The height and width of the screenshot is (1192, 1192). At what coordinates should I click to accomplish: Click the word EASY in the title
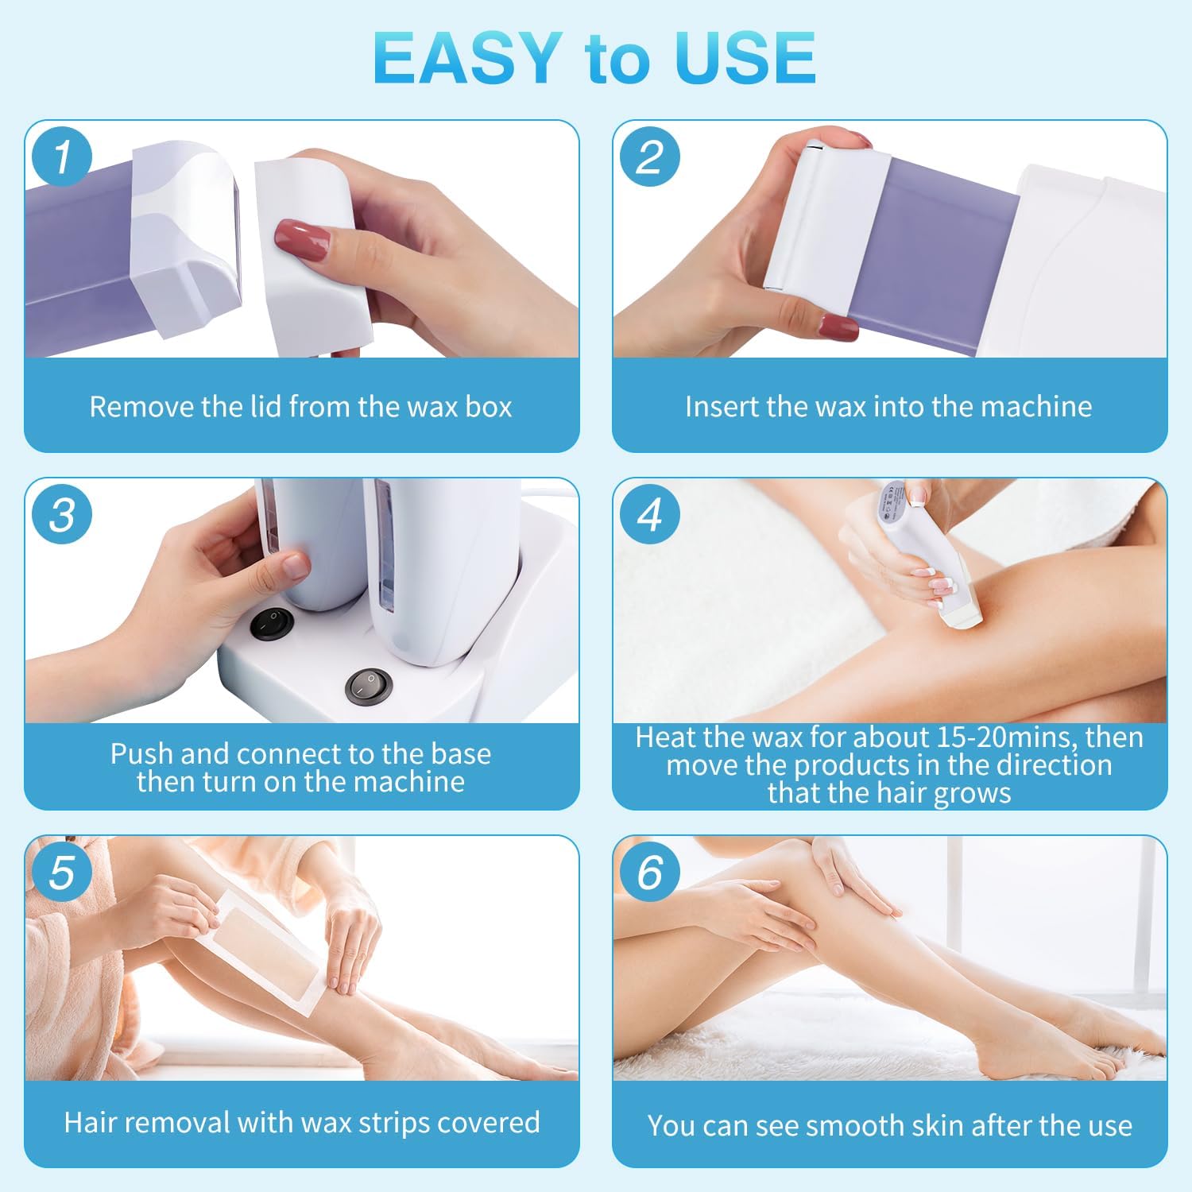click(466, 58)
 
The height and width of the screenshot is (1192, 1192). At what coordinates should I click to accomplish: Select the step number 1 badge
click(62, 156)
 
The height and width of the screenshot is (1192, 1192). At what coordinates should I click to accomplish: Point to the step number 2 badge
click(649, 156)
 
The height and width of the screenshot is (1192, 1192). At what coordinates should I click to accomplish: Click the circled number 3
click(62, 514)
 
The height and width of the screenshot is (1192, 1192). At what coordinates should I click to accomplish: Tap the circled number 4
click(649, 514)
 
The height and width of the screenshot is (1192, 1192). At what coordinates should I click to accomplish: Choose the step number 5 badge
click(62, 872)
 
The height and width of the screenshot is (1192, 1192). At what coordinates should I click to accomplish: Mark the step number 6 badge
click(649, 872)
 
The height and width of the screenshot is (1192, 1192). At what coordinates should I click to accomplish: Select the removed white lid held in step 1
click(314, 254)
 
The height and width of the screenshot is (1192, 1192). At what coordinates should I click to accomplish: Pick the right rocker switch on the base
click(369, 684)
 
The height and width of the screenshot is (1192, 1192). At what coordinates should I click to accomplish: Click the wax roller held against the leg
click(926, 556)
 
